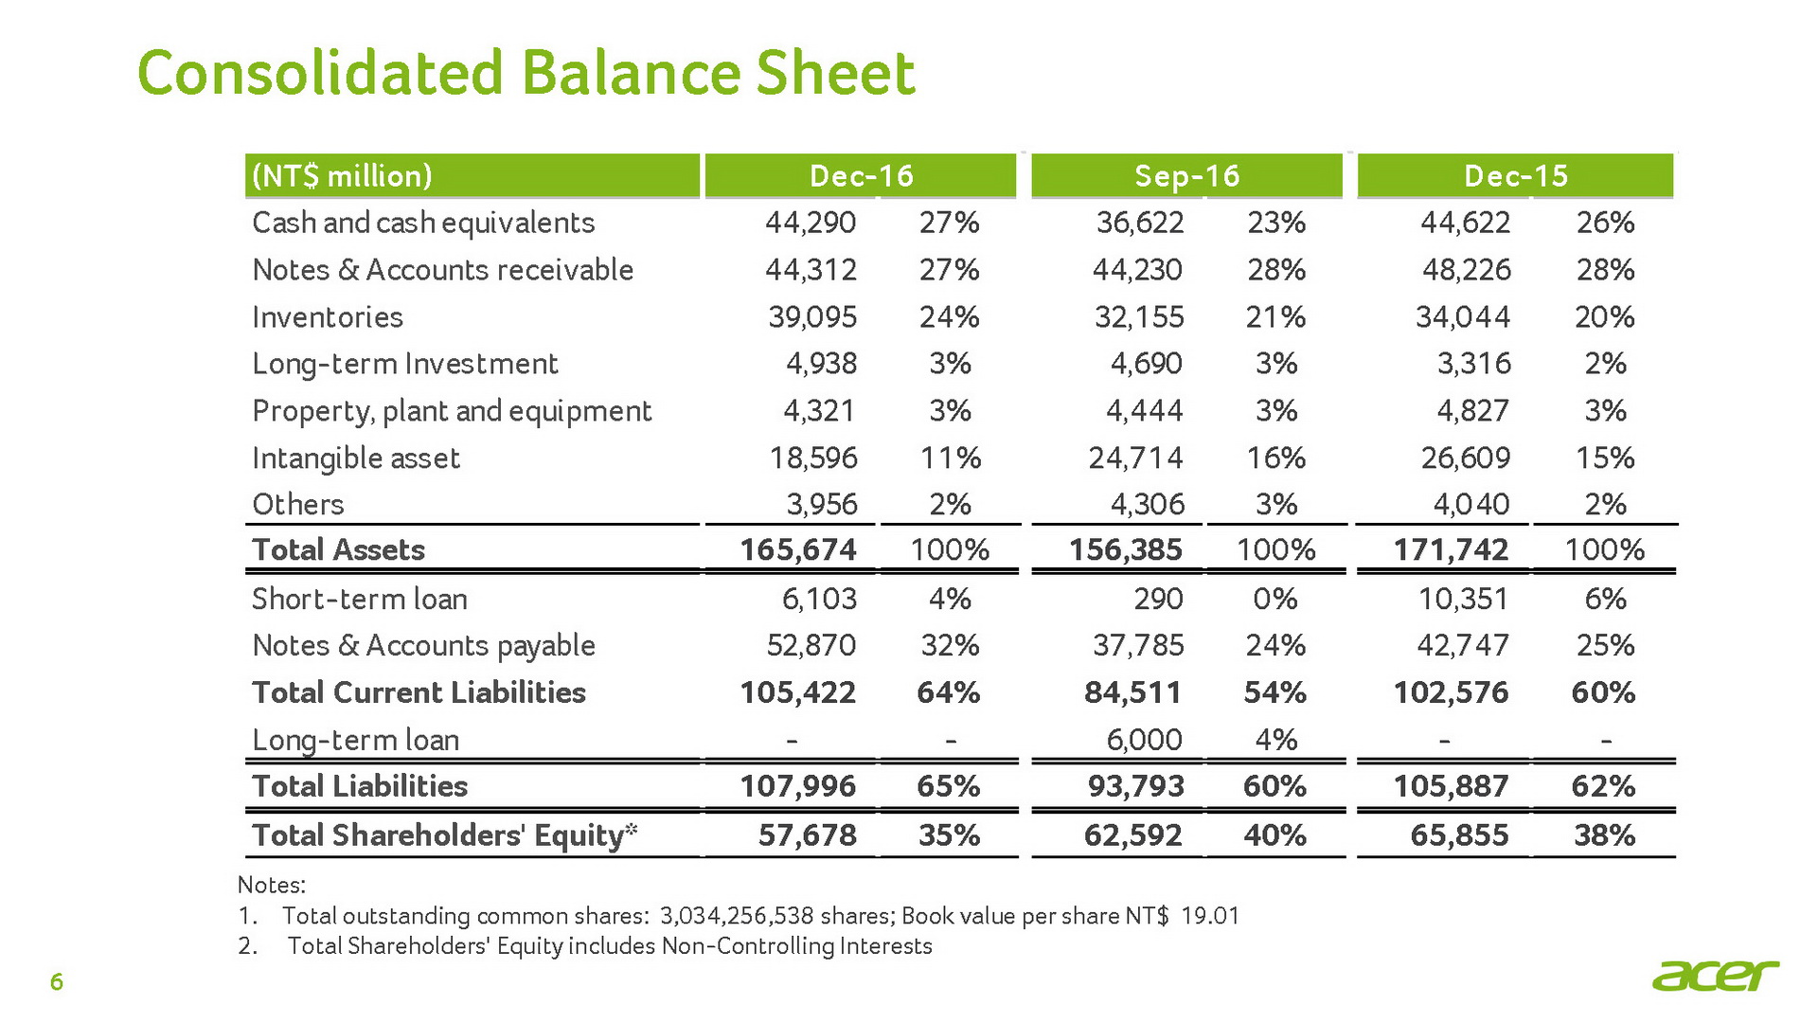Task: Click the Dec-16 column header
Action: [861, 176]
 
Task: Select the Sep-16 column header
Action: [1186, 176]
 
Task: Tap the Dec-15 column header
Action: [1515, 176]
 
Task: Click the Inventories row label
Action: [328, 317]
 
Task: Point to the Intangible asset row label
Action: [356, 458]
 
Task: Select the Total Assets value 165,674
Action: [798, 550]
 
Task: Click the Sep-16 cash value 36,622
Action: [1140, 224]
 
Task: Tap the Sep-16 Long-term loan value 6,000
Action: [1144, 740]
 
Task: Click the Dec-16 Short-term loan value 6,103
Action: [820, 599]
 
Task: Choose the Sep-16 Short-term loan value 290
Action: [1158, 599]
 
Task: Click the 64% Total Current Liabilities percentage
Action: [949, 692]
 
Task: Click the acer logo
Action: [1716, 975]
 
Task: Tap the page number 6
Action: [57, 982]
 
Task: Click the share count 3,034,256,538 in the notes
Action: [737, 916]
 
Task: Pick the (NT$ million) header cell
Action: [342, 176]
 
